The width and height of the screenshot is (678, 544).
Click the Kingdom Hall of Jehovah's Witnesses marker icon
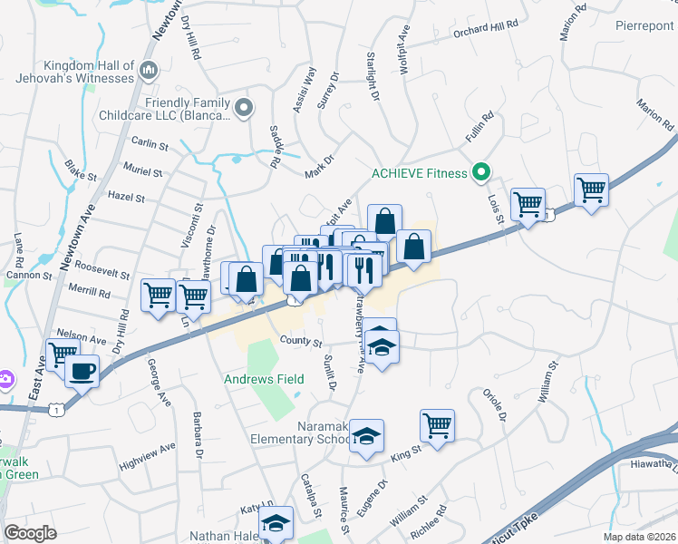tap(150, 69)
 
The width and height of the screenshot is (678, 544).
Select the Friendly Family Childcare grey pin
tap(244, 109)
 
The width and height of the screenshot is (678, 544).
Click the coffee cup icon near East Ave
tap(82, 370)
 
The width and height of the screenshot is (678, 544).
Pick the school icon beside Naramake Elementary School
tap(366, 437)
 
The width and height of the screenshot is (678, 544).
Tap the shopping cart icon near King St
tap(437, 424)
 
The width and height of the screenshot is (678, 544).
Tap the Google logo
tap(30, 532)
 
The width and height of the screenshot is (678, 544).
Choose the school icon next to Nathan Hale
tap(276, 522)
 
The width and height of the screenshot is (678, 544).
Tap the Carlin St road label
tap(150, 145)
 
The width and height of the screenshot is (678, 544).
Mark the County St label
tap(301, 342)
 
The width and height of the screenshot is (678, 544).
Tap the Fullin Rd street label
tap(480, 125)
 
